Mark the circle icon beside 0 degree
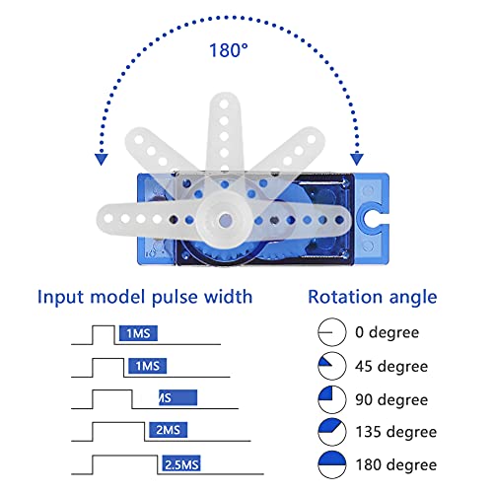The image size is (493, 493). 332,333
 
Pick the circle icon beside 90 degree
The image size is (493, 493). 332,399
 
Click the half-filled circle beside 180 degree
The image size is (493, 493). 332,464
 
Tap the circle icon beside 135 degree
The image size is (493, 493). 332,432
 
